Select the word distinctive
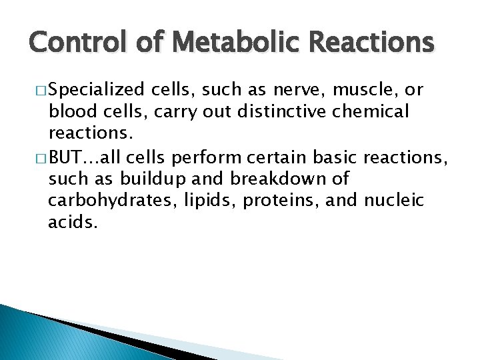(x=256, y=111)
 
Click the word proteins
(x=272, y=201)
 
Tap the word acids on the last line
(x=73, y=222)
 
